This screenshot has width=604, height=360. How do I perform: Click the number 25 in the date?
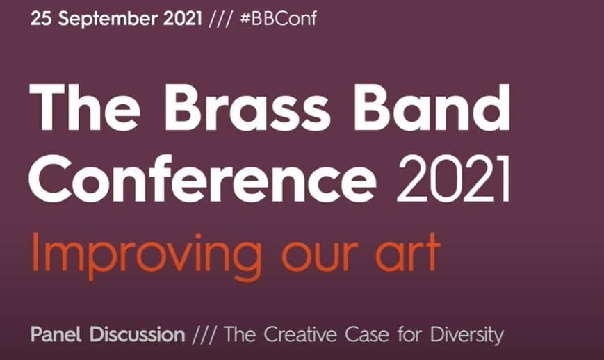point(41,19)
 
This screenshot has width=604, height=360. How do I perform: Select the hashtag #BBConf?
point(278,19)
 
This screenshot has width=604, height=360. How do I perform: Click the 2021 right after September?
point(183,19)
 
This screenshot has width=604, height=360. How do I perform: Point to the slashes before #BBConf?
point(221,19)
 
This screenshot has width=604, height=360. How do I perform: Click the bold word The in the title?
point(85,106)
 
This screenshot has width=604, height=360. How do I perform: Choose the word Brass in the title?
point(247,107)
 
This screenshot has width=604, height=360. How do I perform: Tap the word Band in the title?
point(432,106)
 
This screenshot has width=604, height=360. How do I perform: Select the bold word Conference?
point(203,179)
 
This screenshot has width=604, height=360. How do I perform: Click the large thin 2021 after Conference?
point(453,179)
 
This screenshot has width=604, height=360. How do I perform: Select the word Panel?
point(56,334)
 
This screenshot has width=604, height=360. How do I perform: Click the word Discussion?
point(138,334)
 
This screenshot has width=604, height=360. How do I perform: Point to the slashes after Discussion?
point(204,334)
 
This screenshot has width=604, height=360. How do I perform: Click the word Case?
point(367,334)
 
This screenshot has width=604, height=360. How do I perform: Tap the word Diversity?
point(467,335)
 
